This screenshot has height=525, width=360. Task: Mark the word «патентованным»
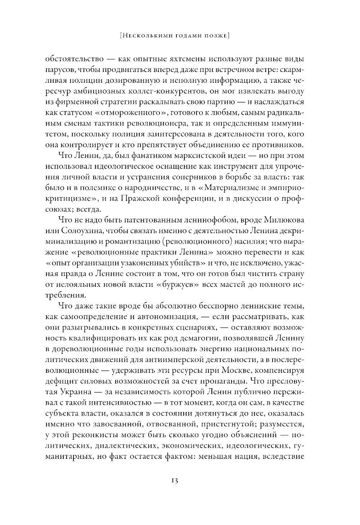136,220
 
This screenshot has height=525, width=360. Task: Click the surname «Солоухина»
79,231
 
